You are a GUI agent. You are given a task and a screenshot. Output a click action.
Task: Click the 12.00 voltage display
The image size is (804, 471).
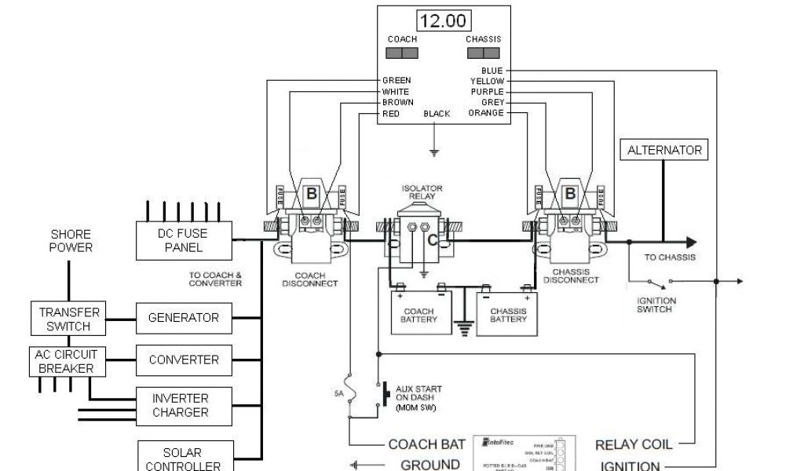tap(443, 21)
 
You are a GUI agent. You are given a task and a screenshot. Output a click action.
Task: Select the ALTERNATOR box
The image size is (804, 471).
tap(664, 150)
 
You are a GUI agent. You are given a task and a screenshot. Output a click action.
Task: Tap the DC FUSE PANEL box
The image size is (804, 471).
tap(184, 240)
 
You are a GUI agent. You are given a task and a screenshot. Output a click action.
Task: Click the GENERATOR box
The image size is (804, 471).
tap(184, 318)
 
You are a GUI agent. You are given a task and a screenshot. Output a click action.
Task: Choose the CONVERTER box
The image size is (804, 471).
tap(184, 360)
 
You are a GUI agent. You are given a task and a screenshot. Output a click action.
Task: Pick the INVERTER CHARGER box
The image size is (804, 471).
tap(180, 405)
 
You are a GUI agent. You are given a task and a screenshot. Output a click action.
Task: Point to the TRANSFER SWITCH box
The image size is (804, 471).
tap(68, 319)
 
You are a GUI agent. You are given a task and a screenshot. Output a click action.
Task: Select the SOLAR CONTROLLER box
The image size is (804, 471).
tap(182, 458)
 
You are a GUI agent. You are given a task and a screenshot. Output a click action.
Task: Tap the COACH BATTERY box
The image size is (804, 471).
tap(422, 314)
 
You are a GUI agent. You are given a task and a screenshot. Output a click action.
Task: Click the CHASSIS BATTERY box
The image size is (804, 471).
tap(508, 314)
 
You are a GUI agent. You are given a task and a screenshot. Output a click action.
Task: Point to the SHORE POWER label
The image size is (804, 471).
tap(71, 240)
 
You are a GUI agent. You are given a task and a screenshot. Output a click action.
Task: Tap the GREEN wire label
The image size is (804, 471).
tap(397, 81)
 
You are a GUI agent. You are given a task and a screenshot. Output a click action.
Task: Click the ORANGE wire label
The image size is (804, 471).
tap(485, 113)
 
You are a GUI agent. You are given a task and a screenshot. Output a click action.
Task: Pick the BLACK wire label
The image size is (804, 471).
tap(437, 114)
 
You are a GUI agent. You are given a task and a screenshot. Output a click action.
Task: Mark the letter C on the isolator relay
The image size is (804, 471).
tap(432, 241)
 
